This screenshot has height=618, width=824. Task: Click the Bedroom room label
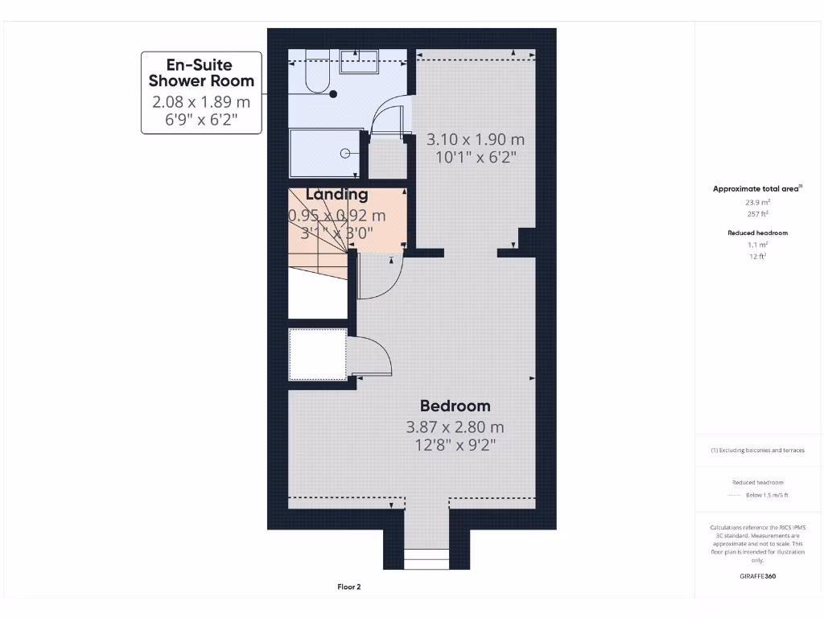(455, 406)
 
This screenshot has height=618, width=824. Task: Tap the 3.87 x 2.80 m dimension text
(455, 427)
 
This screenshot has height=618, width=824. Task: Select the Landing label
(337, 195)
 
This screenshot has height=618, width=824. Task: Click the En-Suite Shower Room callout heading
(201, 72)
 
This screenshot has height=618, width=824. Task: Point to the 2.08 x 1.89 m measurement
(201, 102)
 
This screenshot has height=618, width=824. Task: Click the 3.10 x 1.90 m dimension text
(475, 139)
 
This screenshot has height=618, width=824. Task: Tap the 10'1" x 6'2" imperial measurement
(475, 158)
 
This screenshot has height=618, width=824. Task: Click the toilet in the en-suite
(315, 77)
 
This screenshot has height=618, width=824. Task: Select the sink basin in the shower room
(359, 60)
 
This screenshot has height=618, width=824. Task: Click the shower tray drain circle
(345, 153)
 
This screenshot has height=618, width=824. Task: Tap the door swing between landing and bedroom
(380, 278)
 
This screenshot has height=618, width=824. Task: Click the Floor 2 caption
(348, 587)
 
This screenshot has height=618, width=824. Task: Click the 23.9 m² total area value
(757, 203)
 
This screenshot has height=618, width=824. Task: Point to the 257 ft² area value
(757, 215)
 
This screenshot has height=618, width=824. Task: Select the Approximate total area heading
(756, 189)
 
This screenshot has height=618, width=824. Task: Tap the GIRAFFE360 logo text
(757, 576)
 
